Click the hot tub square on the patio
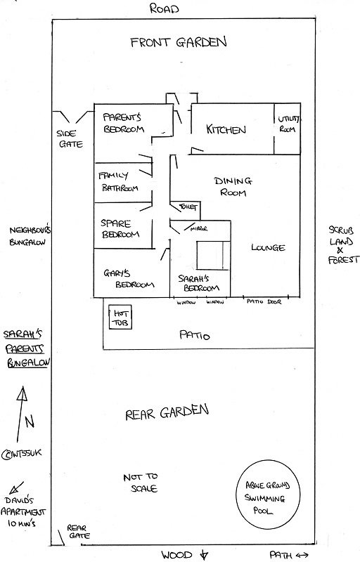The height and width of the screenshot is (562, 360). [x=110, y=317]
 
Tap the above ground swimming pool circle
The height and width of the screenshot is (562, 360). [x=236, y=495]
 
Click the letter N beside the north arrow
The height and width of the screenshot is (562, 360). [x=30, y=421]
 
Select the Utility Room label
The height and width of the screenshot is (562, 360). [x=288, y=124]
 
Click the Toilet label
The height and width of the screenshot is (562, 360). [x=188, y=207]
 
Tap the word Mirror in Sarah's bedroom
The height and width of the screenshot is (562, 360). [x=199, y=228]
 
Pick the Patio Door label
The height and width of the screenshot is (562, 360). [x=264, y=302]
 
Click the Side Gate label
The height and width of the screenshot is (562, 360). [x=70, y=138]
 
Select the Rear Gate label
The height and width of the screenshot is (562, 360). [x=78, y=532]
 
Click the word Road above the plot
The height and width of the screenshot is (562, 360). [x=164, y=8]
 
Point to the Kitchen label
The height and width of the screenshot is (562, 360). [x=226, y=129]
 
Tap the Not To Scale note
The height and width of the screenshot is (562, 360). [x=141, y=483]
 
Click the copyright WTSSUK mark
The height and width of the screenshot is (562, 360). [x=22, y=454]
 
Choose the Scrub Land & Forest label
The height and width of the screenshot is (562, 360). [x=343, y=244]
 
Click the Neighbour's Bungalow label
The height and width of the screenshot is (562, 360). [x=30, y=236]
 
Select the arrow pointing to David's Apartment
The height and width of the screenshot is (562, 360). [x=16, y=488]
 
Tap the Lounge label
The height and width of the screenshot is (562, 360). [x=268, y=247]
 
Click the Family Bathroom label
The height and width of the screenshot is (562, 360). [x=118, y=182]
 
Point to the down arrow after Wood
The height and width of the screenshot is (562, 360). [x=203, y=554]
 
